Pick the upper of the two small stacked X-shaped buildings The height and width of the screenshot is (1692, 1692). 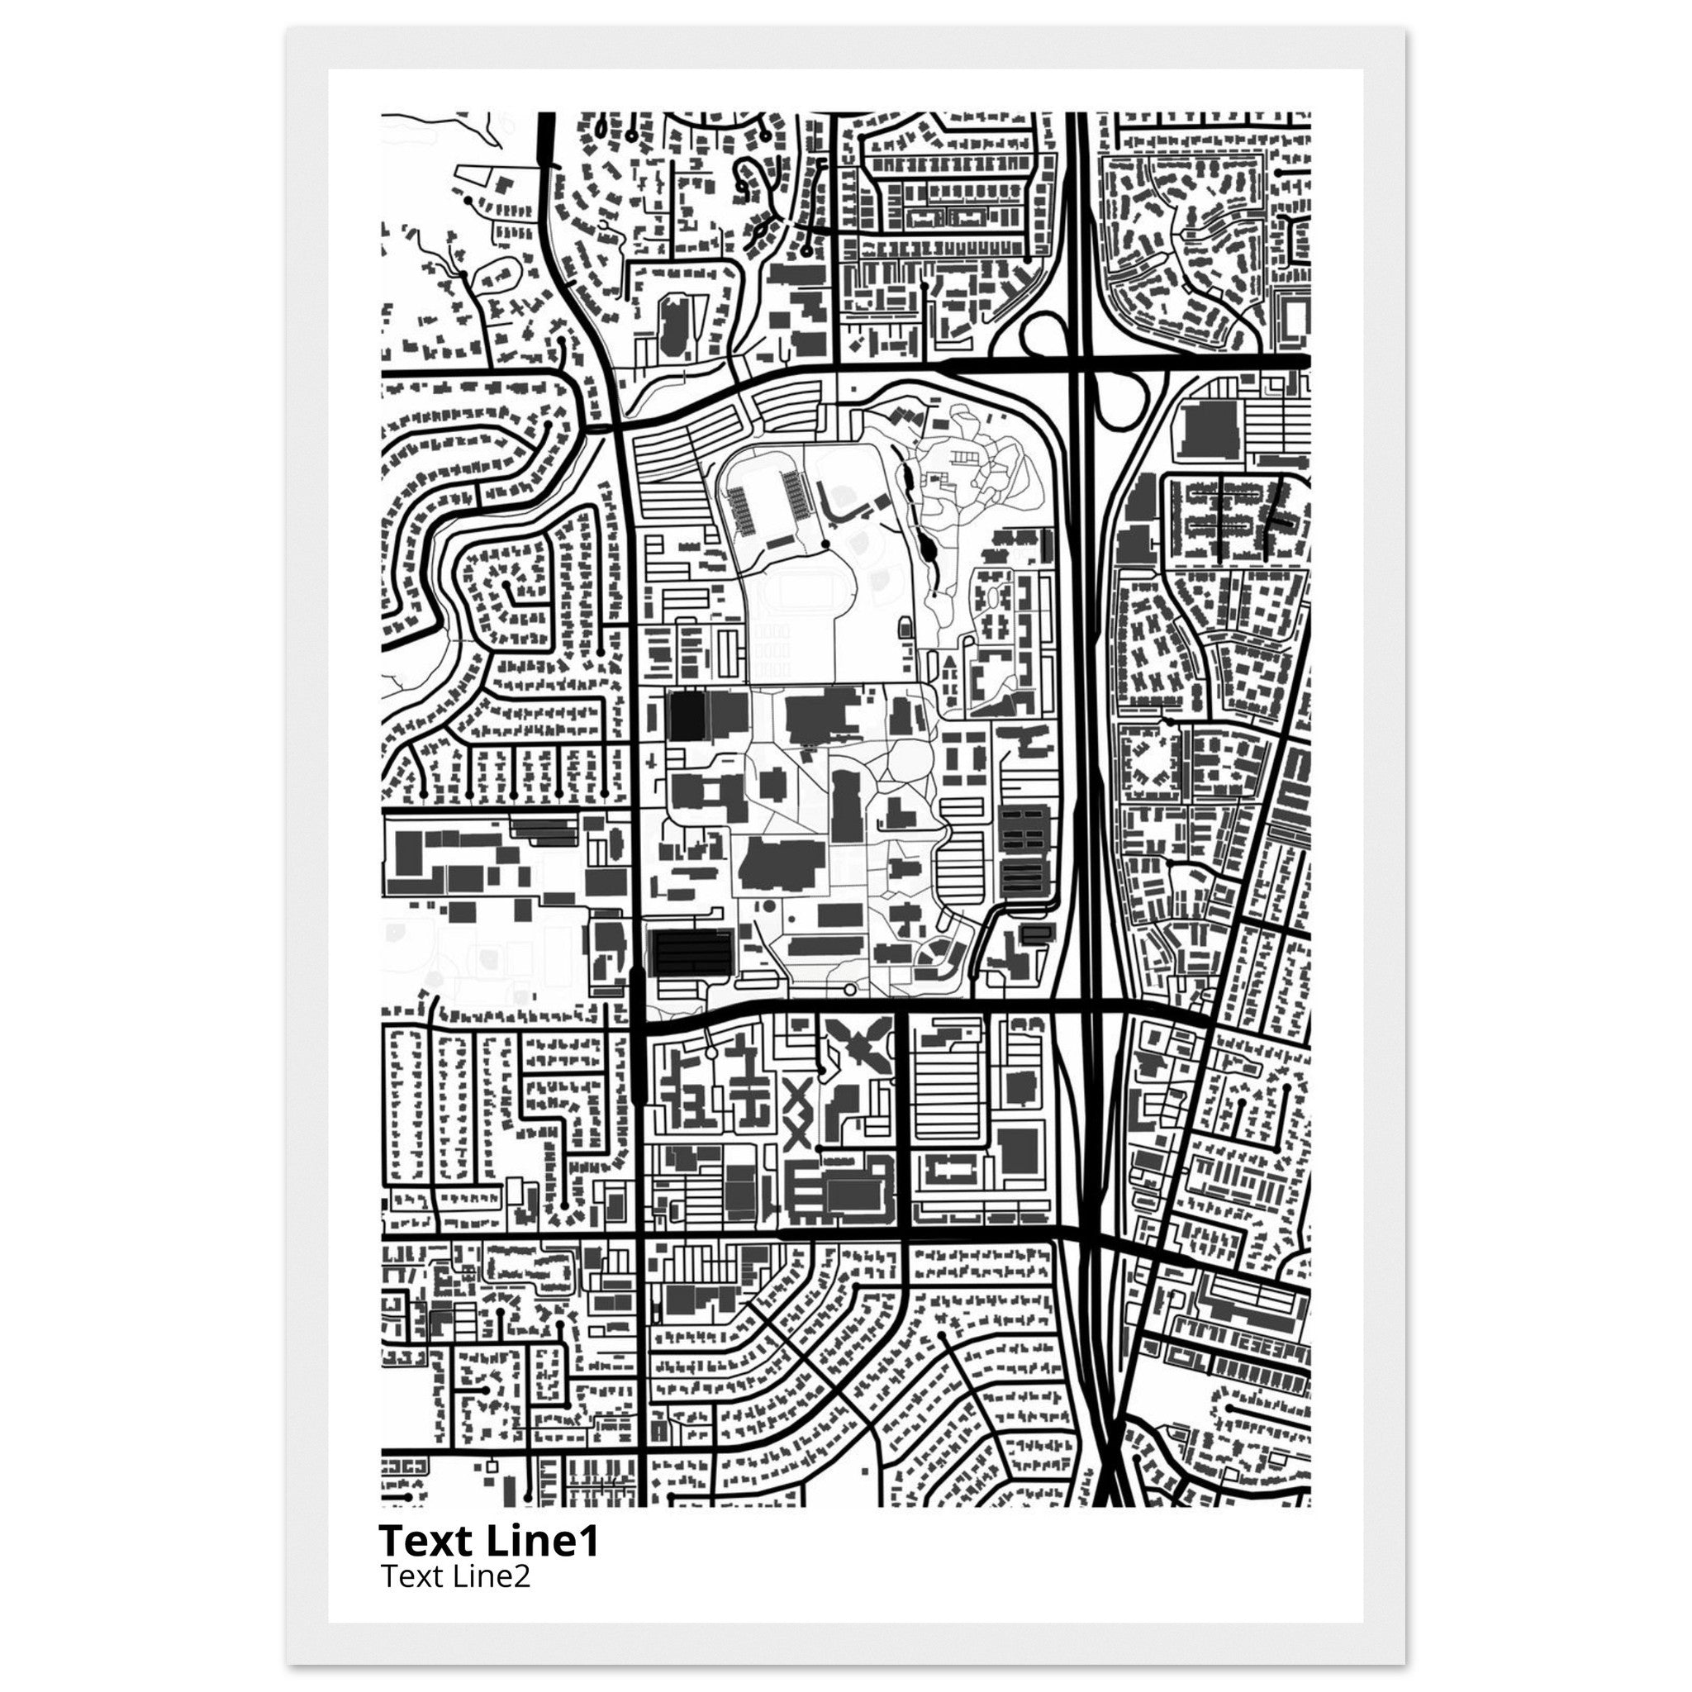(800, 1098)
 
